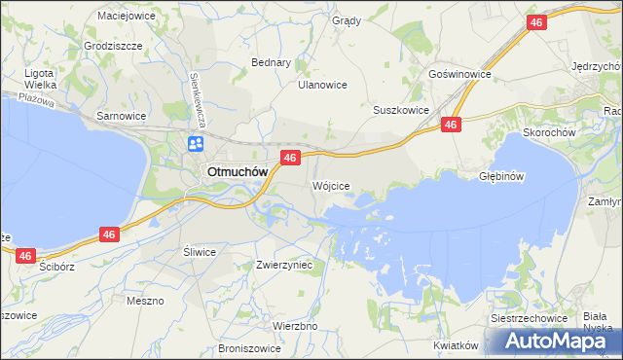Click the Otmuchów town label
coord(236,172)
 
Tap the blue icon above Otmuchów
coord(196,144)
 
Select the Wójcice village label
coord(331,185)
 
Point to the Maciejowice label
coord(128,16)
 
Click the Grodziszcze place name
coord(114,46)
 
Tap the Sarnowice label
coord(121,116)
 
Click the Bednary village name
coord(272,62)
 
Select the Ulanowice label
coord(322,85)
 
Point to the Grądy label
coord(346,20)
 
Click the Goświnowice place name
coord(458,74)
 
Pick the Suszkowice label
coord(401,111)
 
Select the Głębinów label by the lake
coord(502,177)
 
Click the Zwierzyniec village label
coord(283,265)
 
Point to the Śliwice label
coord(200,251)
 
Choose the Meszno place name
coord(145,301)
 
